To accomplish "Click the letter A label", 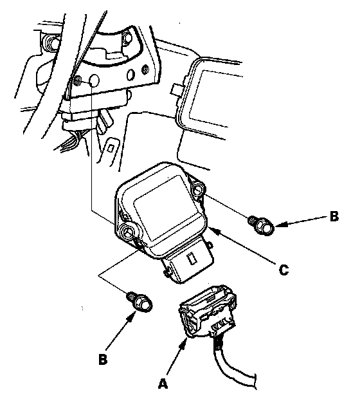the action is [x=163, y=383].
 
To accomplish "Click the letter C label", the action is [x=283, y=270].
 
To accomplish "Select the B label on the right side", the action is [x=334, y=216].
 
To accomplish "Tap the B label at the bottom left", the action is [x=103, y=360].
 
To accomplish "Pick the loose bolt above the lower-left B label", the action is [x=140, y=302].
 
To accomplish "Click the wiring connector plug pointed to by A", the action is [x=207, y=311].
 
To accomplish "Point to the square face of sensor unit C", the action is [x=166, y=207].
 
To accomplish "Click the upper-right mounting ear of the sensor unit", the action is [x=198, y=189].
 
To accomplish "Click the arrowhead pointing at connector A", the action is [x=183, y=344].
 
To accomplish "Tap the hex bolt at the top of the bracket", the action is [x=127, y=37].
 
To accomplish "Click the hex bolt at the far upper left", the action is [x=51, y=42].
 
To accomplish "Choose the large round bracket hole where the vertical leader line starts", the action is [x=94, y=80].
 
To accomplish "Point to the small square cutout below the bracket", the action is [x=111, y=148].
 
